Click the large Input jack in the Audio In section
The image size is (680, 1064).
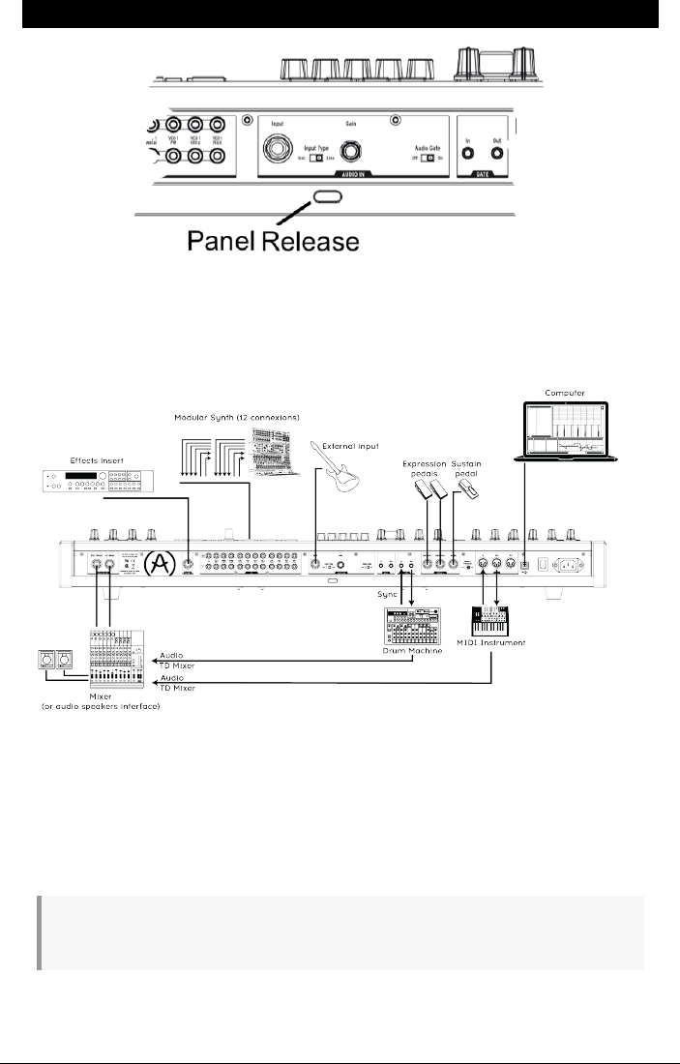[x=279, y=150]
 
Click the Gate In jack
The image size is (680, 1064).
[x=467, y=151]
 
